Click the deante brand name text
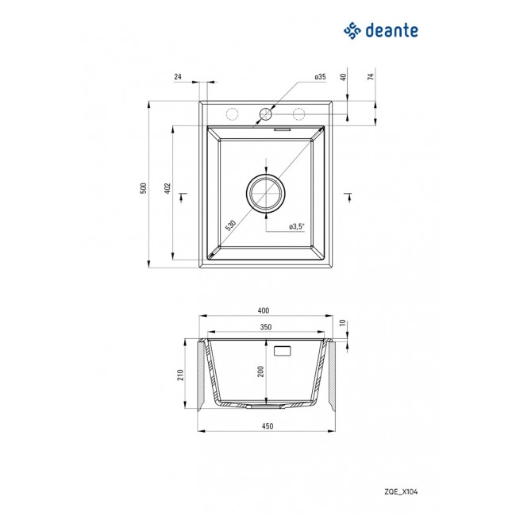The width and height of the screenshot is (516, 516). pos(392,31)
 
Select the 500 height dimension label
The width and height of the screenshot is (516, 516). pos(144,188)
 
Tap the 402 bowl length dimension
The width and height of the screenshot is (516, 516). pos(168,188)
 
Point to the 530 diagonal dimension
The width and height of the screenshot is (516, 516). pos(230,225)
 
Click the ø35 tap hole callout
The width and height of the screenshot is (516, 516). pos(320,77)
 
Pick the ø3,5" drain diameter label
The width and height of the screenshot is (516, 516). pos(297,227)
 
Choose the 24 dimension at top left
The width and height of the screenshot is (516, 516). pos(178,77)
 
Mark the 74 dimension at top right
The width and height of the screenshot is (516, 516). pos(371,77)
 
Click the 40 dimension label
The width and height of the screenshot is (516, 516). pos(343,77)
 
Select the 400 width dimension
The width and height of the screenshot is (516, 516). pos(264,310)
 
